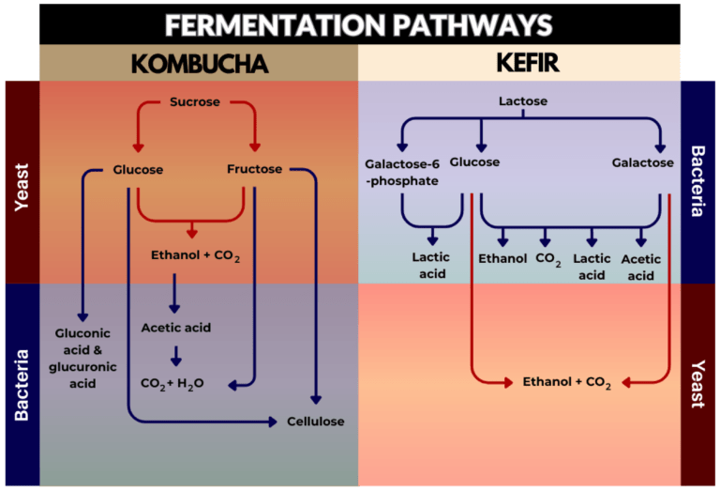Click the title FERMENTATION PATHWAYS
point(359,24)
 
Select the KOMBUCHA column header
point(200,64)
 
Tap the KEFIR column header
point(528,63)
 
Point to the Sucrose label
point(195,101)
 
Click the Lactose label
point(523,100)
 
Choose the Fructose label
point(254,169)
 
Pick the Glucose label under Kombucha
point(138,170)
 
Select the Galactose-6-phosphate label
point(402,173)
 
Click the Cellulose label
point(315,422)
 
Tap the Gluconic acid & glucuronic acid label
point(82,358)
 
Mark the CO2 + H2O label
point(172,384)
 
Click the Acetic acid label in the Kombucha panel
point(176,328)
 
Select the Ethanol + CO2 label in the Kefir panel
point(567,382)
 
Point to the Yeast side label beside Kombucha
point(22,187)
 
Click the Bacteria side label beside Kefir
point(697,180)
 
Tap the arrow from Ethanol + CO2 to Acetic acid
point(174,293)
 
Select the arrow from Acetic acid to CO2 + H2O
point(176,356)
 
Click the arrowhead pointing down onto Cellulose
point(316,399)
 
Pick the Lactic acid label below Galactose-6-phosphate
point(430,266)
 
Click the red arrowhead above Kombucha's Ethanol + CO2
point(192,233)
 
